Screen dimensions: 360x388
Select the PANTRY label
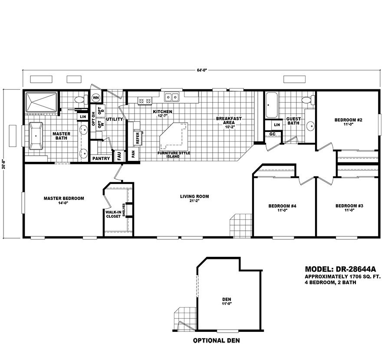(101, 159)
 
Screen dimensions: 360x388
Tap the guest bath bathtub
(271, 105)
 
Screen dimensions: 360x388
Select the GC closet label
(273, 134)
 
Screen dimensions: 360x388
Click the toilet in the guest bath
(308, 100)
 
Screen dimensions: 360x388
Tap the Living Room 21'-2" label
(194, 199)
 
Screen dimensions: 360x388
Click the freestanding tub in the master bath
(36, 136)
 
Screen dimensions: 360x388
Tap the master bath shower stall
(41, 103)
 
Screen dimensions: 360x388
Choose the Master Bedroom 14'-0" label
(64, 201)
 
